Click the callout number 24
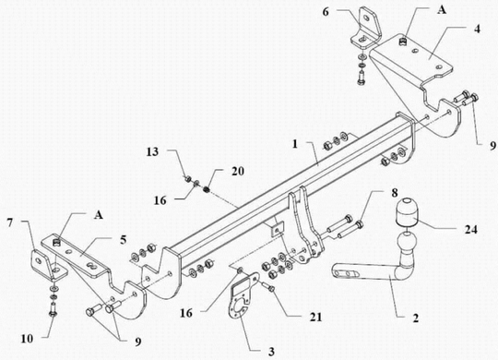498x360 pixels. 470,229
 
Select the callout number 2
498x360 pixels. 415,318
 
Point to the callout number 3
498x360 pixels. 271,352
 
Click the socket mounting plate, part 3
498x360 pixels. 242,294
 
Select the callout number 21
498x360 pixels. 315,317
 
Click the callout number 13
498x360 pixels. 152,151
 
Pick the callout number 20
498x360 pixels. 238,171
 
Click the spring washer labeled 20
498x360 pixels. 207,189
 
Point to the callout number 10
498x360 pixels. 27,339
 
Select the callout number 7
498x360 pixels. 10,222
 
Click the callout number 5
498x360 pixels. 124,239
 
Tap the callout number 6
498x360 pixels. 326,12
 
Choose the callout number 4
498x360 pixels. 477,29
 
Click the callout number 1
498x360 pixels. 295,144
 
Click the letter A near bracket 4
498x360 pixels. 442,10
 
